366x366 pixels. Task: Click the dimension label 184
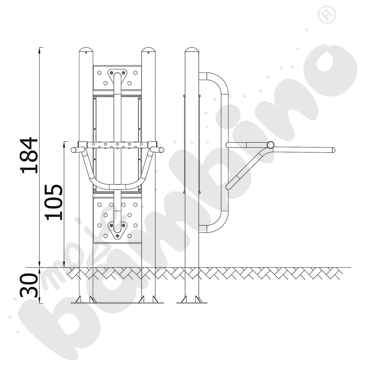tap(29, 156)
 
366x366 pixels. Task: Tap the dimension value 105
tap(54, 202)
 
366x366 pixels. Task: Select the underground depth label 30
tap(29, 285)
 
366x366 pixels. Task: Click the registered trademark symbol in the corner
tap(327, 15)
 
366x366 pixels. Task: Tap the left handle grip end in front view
tap(74, 150)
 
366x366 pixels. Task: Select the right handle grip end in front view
tap(161, 150)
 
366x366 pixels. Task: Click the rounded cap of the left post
tap(86, 50)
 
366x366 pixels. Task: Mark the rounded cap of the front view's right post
tap(149, 50)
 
